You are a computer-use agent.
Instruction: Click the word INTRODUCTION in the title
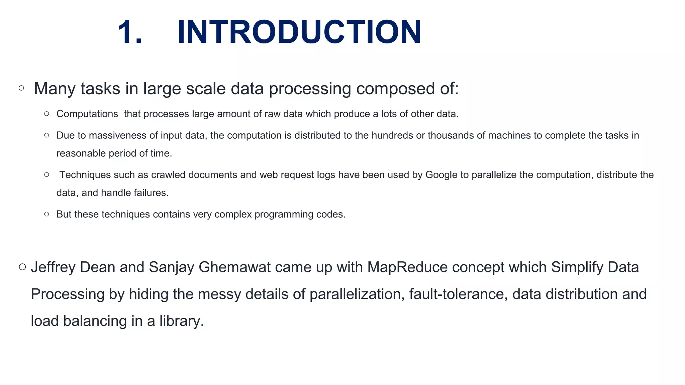299,32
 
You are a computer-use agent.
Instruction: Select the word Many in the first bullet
54,89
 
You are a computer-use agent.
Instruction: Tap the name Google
441,175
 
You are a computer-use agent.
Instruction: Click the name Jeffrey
53,267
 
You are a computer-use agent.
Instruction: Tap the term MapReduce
407,267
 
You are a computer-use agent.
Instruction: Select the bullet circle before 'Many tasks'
21,88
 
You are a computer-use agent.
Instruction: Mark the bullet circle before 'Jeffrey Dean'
22,267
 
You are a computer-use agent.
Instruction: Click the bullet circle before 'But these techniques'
46,214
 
